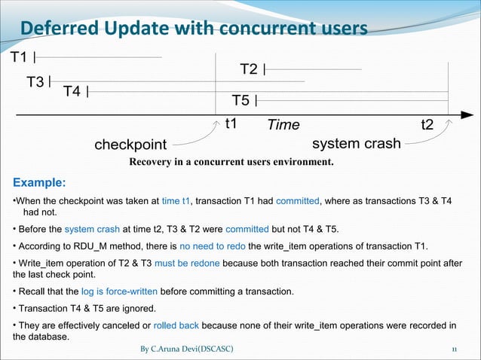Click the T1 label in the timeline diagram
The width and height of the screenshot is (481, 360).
tap(19, 58)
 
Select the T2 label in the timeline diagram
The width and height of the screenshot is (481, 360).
tap(250, 70)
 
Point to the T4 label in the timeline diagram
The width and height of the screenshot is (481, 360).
tap(73, 92)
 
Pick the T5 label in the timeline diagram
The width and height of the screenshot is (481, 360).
tap(241, 101)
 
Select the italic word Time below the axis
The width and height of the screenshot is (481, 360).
tap(283, 125)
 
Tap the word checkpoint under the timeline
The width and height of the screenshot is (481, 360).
tap(130, 144)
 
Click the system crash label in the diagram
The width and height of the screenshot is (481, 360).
tap(356, 143)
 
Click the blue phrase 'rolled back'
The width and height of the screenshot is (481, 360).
tap(176, 326)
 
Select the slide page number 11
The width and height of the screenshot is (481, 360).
tap(455, 350)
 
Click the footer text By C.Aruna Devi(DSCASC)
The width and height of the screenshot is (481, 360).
tap(187, 350)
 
